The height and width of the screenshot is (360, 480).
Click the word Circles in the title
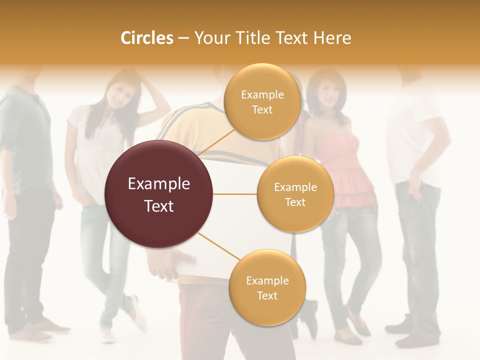(x=146, y=38)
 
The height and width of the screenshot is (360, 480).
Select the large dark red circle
(x=159, y=194)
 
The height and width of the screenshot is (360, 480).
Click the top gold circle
(x=262, y=102)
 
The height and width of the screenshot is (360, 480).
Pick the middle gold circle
(x=295, y=194)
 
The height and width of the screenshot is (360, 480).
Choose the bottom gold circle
(x=267, y=288)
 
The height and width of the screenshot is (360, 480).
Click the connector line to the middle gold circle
(x=234, y=194)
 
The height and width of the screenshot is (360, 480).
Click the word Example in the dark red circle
(x=159, y=184)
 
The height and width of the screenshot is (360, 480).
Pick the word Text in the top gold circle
(x=262, y=110)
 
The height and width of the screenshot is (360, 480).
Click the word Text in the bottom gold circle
(x=267, y=296)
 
